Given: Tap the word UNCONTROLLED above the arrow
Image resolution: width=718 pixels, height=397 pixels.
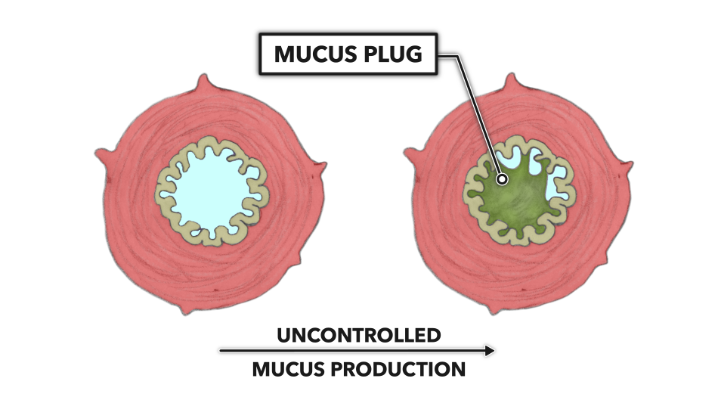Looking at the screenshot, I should click(358, 334).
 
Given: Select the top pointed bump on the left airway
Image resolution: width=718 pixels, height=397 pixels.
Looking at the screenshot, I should click(203, 82).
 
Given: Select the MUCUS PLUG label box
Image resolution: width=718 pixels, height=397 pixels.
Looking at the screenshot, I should click(348, 55).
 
